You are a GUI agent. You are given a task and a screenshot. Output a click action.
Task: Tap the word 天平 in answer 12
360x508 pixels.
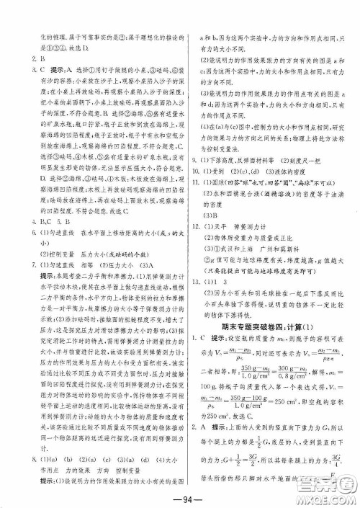(x=222, y=227)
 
